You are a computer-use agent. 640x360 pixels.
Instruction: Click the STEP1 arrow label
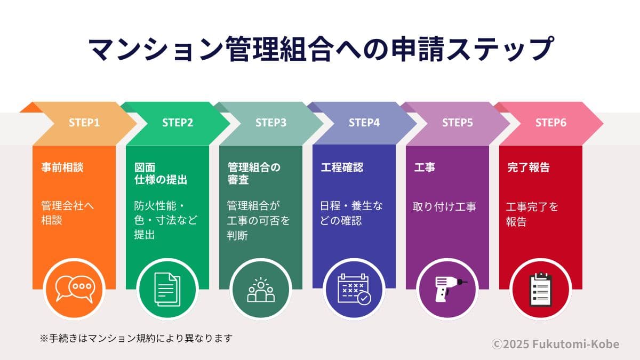[84, 123]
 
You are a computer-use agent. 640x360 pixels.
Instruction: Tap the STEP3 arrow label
[271, 123]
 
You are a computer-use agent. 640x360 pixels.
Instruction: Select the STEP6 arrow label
[551, 123]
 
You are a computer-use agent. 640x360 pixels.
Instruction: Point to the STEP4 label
[364, 123]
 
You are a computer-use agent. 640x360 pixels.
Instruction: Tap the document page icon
[167, 289]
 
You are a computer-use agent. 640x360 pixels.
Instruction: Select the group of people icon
[261, 289]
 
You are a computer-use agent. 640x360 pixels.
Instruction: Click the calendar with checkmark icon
[354, 289]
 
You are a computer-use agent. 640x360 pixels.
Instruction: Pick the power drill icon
[447, 289]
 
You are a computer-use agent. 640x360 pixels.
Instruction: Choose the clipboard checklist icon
[541, 289]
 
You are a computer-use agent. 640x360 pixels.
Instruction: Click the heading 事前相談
[62, 167]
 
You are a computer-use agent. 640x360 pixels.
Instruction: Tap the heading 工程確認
[342, 167]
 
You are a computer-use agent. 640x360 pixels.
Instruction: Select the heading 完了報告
[527, 167]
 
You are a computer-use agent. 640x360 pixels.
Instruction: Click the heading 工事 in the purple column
[425, 167]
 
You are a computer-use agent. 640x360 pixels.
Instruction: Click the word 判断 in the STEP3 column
[237, 235]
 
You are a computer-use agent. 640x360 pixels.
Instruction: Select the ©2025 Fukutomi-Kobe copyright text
[555, 344]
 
